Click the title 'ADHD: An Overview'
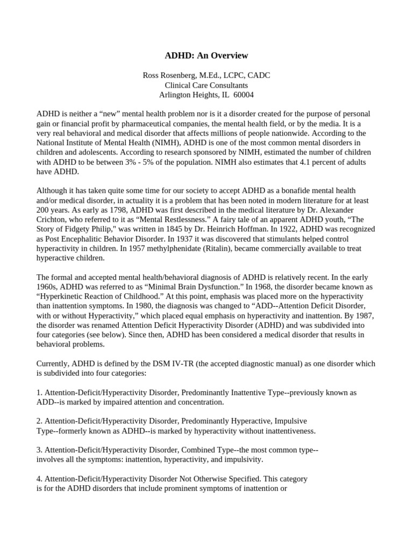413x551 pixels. tap(206, 56)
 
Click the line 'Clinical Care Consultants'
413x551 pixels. tap(206, 85)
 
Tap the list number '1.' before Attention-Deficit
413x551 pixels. tap(39, 392)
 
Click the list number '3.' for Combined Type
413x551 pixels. tap(39, 450)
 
